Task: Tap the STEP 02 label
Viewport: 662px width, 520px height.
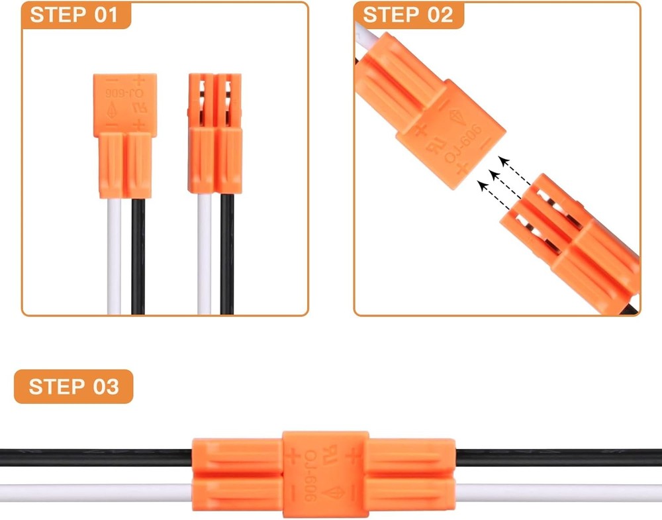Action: tap(408, 15)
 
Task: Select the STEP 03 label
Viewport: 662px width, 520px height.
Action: tap(73, 387)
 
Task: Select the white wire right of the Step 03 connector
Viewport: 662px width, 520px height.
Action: tap(559, 493)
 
